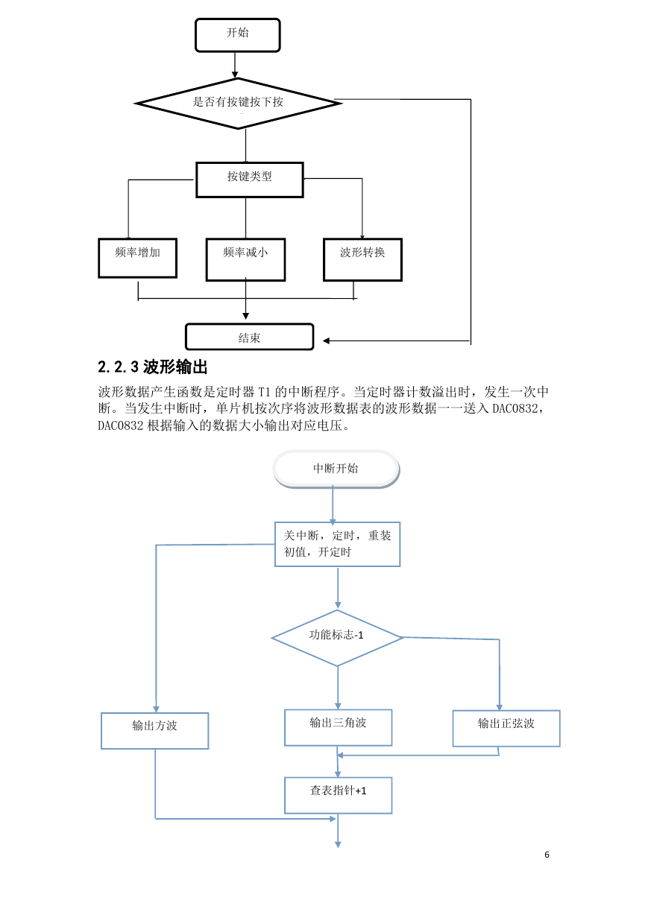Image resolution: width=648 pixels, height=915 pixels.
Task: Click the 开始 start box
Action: coord(238,35)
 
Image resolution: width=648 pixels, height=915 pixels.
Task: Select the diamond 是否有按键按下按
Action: coord(239,104)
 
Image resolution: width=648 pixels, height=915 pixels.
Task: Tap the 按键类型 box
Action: coord(250,180)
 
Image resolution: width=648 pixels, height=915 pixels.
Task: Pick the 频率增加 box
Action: coord(138,258)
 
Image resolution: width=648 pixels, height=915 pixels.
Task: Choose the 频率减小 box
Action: coord(246,259)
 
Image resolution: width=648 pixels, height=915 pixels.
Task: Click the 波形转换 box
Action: coord(362,259)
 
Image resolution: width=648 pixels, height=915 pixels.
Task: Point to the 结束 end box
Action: coord(249,337)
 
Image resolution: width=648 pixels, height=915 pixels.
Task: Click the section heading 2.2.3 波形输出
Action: coord(153,367)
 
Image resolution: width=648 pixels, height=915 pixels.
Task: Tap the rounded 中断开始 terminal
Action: coord(336,469)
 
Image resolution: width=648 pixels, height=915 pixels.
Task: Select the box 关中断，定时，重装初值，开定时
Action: coord(337,544)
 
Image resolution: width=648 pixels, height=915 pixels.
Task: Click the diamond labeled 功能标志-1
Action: coord(337,638)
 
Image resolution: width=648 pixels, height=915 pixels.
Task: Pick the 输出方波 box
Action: coord(155,731)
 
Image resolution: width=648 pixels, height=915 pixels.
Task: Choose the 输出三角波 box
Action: coord(338,727)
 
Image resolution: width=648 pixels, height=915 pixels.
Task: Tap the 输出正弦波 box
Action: coord(506,728)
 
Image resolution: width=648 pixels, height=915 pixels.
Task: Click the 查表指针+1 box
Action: coord(338,795)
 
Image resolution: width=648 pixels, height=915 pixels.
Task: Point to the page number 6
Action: coord(547,855)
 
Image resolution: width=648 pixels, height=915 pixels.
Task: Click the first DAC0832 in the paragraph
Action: coord(515,408)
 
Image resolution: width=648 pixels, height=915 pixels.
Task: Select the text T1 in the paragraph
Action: coord(265,392)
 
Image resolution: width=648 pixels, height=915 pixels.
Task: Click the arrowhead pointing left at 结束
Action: coord(326,341)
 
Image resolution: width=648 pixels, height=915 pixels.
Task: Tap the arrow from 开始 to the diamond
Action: coord(235,65)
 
